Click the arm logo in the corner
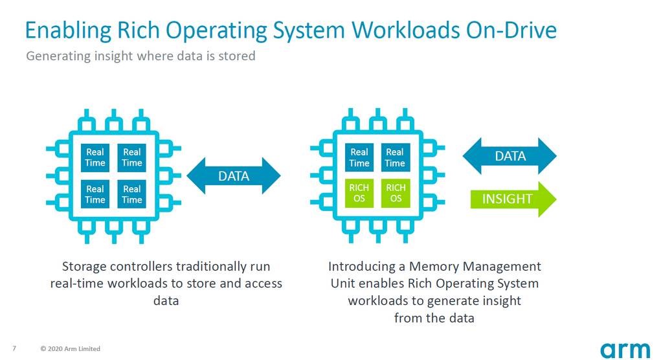click(x=624, y=349)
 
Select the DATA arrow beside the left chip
click(x=233, y=175)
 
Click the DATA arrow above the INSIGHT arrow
click(x=510, y=156)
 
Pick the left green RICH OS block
click(x=359, y=193)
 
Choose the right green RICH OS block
click(x=395, y=193)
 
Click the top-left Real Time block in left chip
click(x=95, y=157)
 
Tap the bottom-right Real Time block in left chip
click(x=131, y=194)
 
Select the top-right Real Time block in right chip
click(x=395, y=157)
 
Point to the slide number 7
click(x=14, y=348)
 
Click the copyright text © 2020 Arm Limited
click(x=70, y=349)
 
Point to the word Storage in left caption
click(x=85, y=267)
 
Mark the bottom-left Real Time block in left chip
click(x=95, y=194)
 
